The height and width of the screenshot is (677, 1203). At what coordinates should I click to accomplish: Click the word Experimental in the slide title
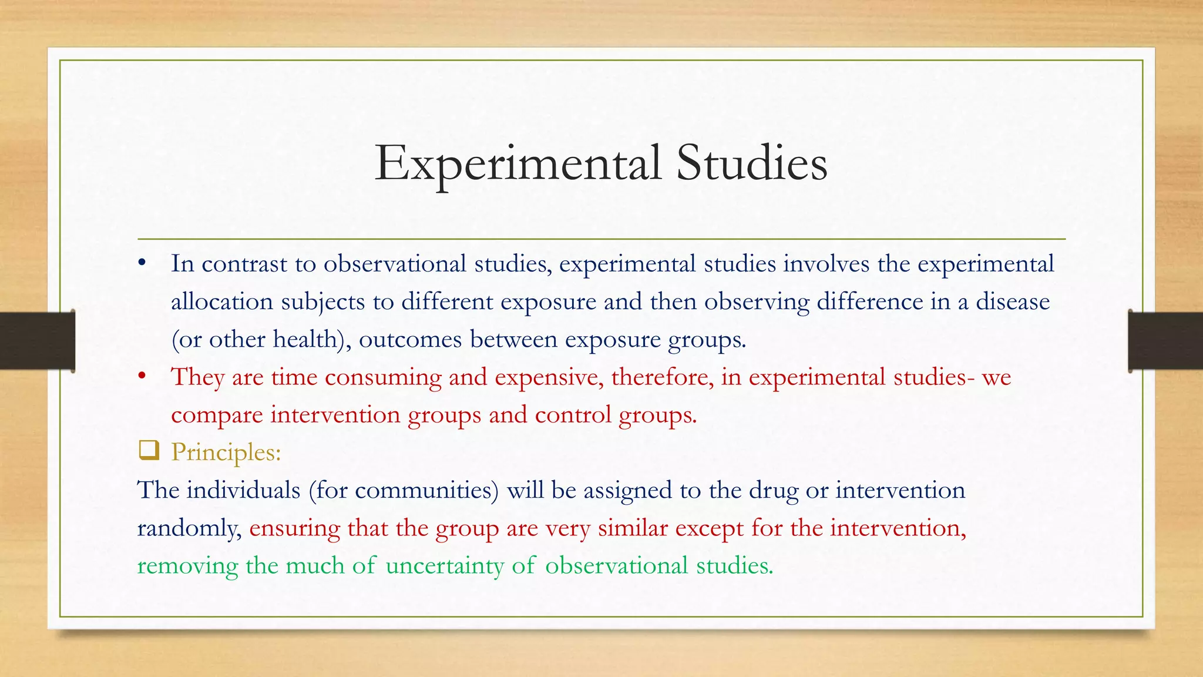[x=518, y=164]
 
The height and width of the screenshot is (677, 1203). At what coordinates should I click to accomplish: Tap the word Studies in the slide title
[x=751, y=163]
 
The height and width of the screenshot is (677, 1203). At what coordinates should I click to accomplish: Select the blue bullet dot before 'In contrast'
[x=142, y=263]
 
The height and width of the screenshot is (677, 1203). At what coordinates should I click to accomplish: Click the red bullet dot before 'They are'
[x=142, y=376]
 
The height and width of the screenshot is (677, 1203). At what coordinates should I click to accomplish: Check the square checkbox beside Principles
[x=149, y=451]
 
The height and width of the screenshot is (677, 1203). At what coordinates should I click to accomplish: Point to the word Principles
[x=226, y=453]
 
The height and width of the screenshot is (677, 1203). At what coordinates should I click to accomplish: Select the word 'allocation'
[x=222, y=301]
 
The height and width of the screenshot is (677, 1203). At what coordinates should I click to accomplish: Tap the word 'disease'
[x=1013, y=301]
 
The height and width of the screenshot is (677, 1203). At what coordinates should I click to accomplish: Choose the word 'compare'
[x=217, y=415]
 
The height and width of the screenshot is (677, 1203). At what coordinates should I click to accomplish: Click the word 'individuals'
[x=243, y=490]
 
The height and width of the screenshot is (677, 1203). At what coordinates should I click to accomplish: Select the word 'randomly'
[x=189, y=528]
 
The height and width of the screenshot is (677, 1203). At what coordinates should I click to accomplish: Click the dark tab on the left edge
[x=37, y=341]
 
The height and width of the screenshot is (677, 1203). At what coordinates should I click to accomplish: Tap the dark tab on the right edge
[x=1165, y=341]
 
